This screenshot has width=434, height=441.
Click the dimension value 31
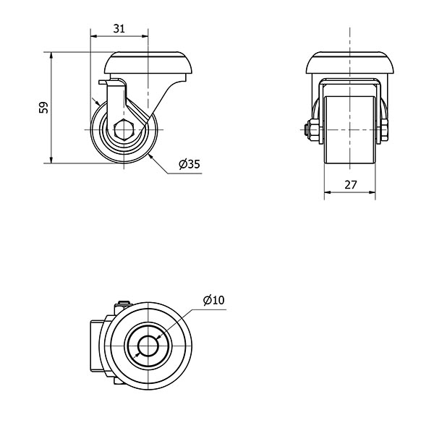(x=119, y=29)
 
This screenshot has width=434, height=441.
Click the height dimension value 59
(x=43, y=108)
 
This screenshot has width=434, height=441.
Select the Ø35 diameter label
(x=190, y=164)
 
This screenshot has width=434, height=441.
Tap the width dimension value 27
(x=350, y=185)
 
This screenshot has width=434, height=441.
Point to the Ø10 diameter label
(x=214, y=300)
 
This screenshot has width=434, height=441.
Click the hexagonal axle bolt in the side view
(x=124, y=129)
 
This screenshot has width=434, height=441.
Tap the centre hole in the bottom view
(x=148, y=346)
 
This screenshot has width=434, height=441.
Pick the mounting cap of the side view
(x=148, y=63)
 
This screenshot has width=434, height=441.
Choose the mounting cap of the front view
(x=350, y=63)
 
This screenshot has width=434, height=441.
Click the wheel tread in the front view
(x=349, y=129)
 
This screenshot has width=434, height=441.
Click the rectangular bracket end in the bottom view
(x=96, y=346)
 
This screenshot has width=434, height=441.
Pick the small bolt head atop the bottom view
(x=124, y=303)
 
